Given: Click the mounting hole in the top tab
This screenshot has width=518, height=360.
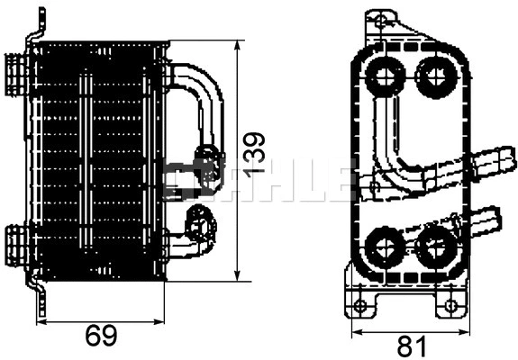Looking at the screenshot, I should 385,21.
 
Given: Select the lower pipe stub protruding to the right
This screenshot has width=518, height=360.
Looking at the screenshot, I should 486,217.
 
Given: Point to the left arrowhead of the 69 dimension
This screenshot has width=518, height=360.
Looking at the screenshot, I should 41,316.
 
